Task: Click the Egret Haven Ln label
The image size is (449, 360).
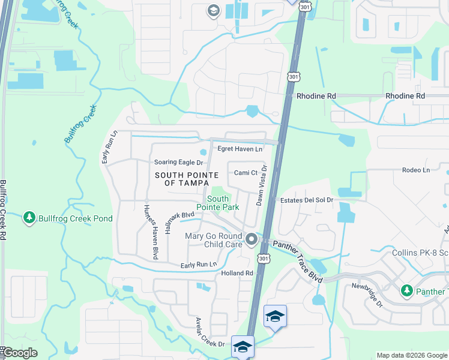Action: (240, 149)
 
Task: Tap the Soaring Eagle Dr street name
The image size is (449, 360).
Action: (179, 163)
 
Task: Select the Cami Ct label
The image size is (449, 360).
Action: (245, 173)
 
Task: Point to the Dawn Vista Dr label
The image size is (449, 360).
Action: (262, 187)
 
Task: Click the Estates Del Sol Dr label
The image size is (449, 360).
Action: (304, 200)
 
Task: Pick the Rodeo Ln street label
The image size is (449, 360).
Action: (416, 170)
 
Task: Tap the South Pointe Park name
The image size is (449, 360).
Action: (223, 203)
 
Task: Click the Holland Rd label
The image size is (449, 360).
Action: (237, 273)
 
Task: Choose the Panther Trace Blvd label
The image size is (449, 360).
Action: (298, 262)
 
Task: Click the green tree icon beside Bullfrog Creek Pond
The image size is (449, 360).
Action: (28, 218)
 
